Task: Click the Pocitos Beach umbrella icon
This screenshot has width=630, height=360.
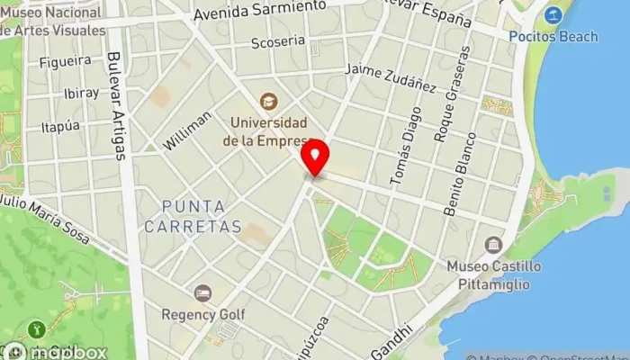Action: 553,15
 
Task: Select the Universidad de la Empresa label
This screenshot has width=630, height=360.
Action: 268,131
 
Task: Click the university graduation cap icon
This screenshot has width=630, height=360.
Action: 267,102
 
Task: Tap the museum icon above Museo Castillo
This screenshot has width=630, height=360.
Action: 493,244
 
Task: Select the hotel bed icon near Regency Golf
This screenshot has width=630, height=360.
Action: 202,293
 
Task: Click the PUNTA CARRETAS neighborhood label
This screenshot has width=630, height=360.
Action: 202,217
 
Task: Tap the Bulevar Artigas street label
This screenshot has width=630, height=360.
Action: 115,104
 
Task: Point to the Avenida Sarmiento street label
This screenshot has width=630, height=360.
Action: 259,11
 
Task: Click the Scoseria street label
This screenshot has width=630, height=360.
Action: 278,42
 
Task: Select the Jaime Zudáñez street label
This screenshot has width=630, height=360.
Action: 391,77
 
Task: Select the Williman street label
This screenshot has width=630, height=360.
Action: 188,131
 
